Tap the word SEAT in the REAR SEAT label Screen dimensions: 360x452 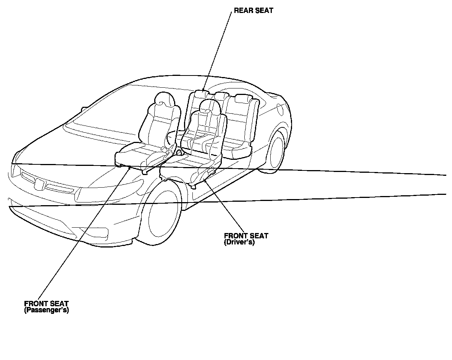(264, 11)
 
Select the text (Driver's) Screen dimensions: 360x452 (239, 242)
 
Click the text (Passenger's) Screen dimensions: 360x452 (46, 310)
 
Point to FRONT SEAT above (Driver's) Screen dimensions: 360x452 (246, 236)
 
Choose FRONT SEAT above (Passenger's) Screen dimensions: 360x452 (46, 304)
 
